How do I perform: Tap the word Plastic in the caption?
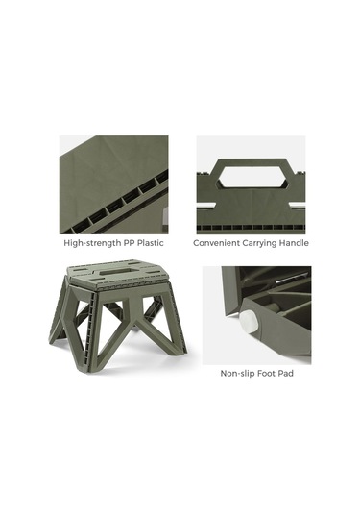151,243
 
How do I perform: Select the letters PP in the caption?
129,243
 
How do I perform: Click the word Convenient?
216,243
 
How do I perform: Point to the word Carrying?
259,243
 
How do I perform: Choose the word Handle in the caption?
294,243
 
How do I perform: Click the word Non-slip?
237,373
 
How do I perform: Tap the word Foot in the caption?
267,373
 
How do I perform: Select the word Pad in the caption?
286,373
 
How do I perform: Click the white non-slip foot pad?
251,322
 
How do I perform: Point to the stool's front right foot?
178,350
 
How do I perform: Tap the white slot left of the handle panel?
206,206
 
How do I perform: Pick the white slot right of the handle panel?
297,206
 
